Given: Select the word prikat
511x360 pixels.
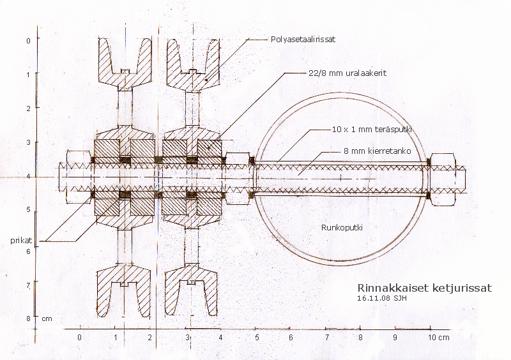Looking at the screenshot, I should coord(22,240).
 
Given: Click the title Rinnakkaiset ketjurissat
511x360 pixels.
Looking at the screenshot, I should coord(425,288).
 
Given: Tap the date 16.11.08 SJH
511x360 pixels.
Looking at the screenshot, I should coord(382,297).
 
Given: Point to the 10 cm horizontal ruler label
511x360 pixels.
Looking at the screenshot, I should coord(438,336).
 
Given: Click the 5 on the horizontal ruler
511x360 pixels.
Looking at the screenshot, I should coord(257,336).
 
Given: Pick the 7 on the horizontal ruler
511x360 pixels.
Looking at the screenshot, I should coord(326,336).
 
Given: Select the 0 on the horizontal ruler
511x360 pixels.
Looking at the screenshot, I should coord(79,336).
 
